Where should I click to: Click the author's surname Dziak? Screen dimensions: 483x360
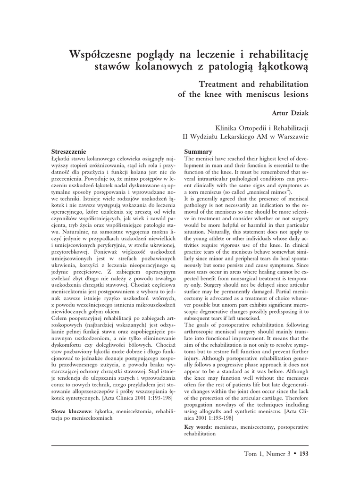point(298,114)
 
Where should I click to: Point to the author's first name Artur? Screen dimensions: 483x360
point(279,114)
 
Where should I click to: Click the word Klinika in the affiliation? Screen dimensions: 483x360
point(228,128)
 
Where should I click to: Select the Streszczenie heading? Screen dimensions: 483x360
point(68,152)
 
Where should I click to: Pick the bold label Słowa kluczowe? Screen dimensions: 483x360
point(71,412)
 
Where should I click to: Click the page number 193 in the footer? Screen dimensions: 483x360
point(302,454)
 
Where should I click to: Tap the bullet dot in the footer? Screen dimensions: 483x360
point(294,454)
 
